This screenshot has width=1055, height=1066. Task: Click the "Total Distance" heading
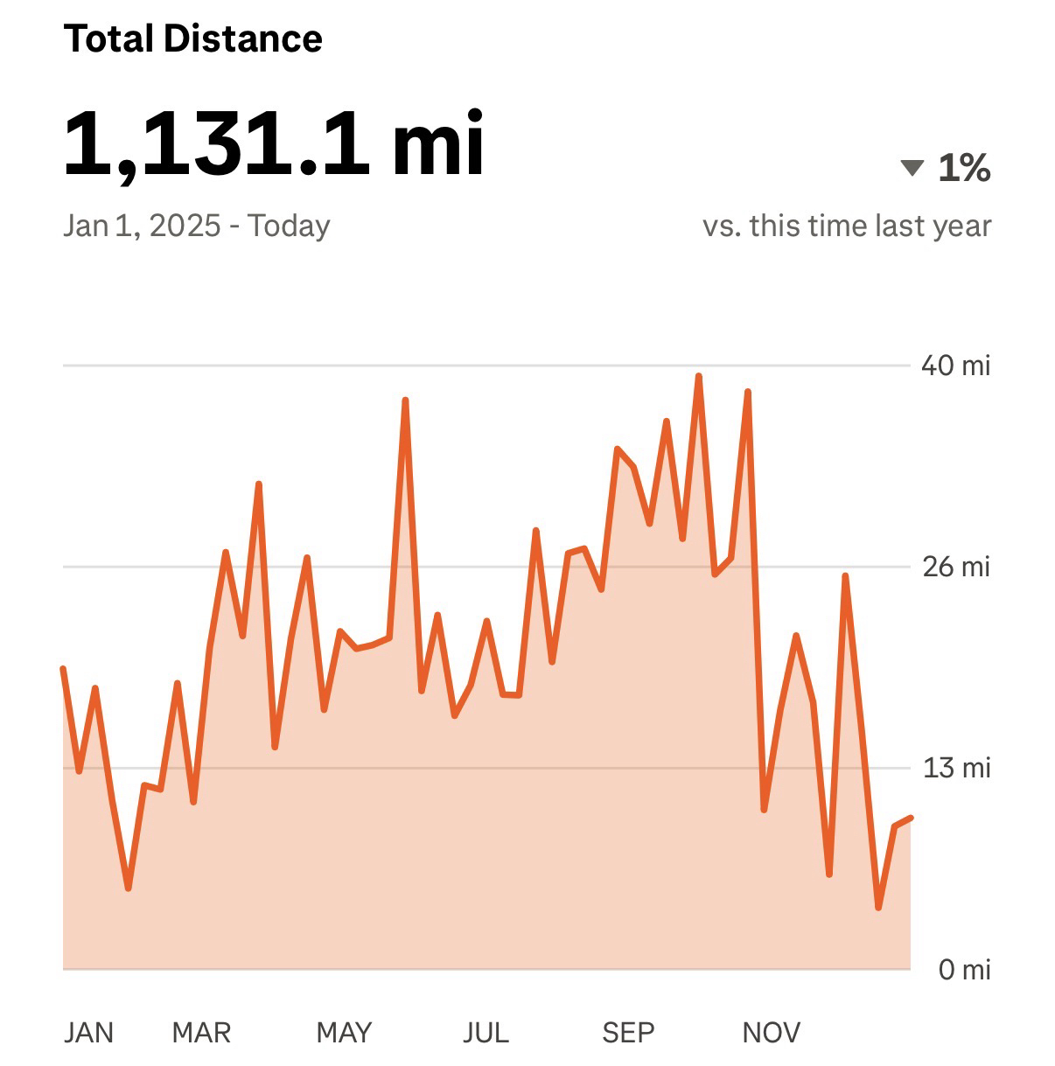tap(193, 39)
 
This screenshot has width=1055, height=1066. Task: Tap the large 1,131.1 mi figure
tap(274, 143)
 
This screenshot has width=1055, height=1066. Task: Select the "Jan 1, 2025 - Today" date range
tap(197, 226)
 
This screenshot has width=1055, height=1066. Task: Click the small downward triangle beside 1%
tap(912, 167)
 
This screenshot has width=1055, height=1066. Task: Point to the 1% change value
tap(964, 167)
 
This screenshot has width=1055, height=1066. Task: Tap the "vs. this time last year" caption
tap(847, 226)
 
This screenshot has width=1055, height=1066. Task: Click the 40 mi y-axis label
tap(955, 365)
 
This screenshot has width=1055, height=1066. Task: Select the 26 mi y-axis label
tap(956, 567)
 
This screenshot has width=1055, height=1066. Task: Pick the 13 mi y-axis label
tap(956, 768)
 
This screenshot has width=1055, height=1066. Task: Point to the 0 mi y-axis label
tap(964, 969)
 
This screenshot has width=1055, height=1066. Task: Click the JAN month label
tap(88, 1033)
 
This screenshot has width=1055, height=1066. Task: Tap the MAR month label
tap(201, 1033)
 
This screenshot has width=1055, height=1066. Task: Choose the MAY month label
tap(344, 1033)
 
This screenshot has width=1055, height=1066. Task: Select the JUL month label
tap(486, 1033)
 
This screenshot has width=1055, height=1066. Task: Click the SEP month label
tap(628, 1033)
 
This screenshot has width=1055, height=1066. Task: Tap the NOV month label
tap(771, 1033)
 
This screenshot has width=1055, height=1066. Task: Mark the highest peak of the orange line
tap(698, 376)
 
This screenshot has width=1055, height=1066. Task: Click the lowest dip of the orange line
tap(878, 908)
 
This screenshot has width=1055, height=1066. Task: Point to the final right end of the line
tap(911, 818)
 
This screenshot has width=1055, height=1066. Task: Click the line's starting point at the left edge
tap(63, 669)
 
